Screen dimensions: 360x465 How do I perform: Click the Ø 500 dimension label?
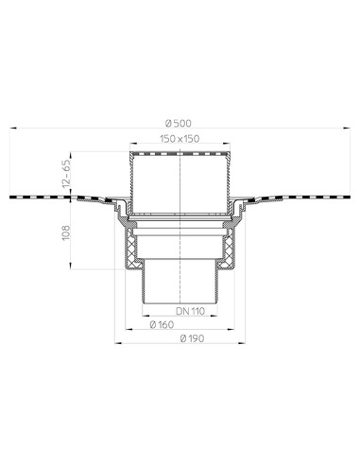(x=178, y=123)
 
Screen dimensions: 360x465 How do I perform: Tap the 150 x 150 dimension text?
(x=180, y=138)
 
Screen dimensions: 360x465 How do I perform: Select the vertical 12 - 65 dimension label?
(x=67, y=174)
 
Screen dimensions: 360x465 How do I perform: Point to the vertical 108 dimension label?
(x=66, y=232)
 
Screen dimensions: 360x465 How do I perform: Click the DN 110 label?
(x=190, y=311)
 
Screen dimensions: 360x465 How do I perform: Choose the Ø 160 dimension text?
(x=162, y=324)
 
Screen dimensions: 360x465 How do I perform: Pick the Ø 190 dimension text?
(x=192, y=338)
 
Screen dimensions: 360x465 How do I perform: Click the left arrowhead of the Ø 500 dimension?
(x=13, y=129)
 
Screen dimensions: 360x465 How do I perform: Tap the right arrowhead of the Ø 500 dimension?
(x=347, y=129)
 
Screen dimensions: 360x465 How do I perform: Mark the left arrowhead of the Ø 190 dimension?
(x=118, y=343)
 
